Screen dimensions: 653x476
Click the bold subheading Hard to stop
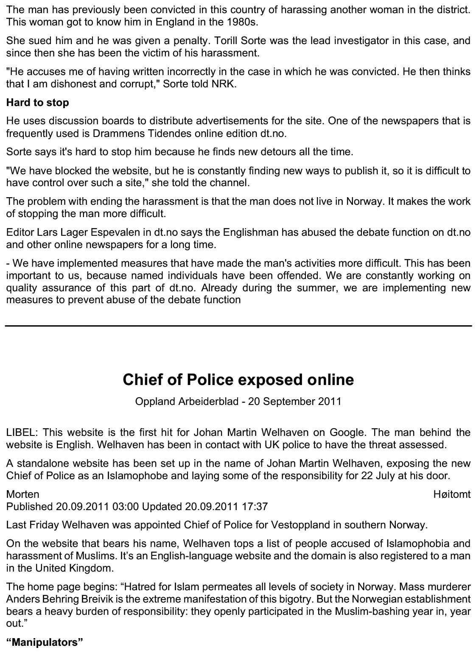tap(37, 103)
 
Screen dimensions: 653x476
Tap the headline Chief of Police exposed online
tap(238, 380)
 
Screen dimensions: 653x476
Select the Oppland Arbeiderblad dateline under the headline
tap(238, 401)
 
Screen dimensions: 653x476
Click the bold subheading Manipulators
tap(45, 642)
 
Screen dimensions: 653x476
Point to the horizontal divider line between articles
tap(238, 326)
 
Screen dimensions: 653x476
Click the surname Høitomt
tap(452, 494)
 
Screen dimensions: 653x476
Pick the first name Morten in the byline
tap(22, 494)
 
